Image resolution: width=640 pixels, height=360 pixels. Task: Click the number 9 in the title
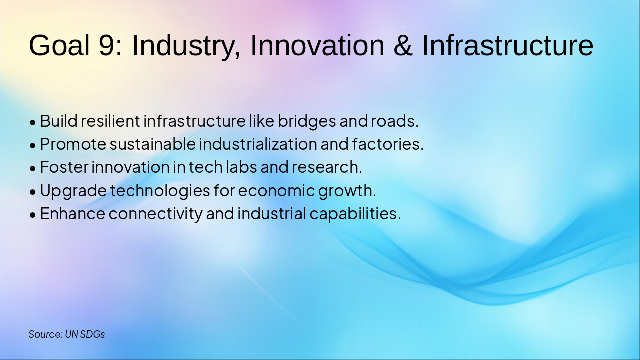[x=107, y=45]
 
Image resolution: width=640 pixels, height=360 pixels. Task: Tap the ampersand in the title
[x=403, y=45]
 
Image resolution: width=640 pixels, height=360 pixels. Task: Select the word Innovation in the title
[x=317, y=45]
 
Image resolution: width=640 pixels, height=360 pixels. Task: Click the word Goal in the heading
[x=59, y=45]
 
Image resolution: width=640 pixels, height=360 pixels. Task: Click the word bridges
[x=307, y=121]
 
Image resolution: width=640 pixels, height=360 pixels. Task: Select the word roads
[x=395, y=121]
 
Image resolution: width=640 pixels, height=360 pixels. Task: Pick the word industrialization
[x=258, y=144]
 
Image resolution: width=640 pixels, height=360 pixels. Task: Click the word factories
[x=388, y=144]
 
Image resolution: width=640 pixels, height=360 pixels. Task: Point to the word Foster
[x=64, y=167]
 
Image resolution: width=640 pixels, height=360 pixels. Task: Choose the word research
[x=327, y=167]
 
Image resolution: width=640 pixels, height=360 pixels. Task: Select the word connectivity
[x=155, y=214]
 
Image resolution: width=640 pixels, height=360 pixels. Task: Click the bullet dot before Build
[x=33, y=123]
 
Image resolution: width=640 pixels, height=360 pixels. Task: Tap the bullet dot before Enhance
[x=33, y=215]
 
